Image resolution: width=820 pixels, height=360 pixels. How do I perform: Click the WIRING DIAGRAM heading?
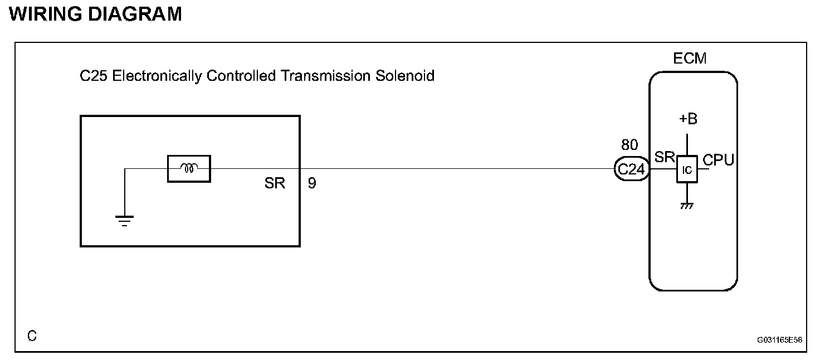[96, 14]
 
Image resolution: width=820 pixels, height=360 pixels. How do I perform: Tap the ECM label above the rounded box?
[690, 58]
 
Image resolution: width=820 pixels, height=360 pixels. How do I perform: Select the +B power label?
[687, 119]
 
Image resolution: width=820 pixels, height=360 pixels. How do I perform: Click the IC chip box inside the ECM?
[687, 169]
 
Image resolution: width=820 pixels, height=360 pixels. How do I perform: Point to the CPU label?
[718, 160]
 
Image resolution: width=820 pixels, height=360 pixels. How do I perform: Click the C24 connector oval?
[632, 169]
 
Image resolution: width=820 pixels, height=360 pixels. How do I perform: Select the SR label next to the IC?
[665, 157]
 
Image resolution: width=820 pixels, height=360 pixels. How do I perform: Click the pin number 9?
[312, 183]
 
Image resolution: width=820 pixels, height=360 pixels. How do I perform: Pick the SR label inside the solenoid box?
[275, 183]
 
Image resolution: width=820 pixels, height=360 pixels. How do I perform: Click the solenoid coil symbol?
[189, 168]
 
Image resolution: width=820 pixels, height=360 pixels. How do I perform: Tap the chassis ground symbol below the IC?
[687, 206]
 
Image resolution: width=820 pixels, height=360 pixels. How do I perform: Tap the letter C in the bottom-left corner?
[32, 336]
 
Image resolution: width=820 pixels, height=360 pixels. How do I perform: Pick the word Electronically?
[157, 76]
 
